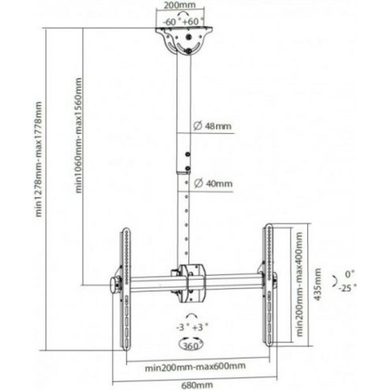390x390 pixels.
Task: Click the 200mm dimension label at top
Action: pyautogui.click(x=180, y=5)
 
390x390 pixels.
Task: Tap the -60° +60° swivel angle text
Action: pyautogui.click(x=184, y=22)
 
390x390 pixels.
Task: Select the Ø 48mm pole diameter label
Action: pyautogui.click(x=213, y=126)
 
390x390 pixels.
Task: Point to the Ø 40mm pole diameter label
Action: pyautogui.click(x=213, y=184)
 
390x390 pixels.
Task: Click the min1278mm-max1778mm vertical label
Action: pyautogui.click(x=39, y=159)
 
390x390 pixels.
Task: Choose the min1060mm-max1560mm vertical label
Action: pyautogui.click(x=78, y=136)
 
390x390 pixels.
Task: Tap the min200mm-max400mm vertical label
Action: pyautogui.click(x=299, y=284)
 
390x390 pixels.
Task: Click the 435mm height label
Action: pyautogui.click(x=318, y=284)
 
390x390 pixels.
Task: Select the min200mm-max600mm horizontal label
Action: pyautogui.click(x=195, y=367)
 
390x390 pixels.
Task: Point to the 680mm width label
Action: pyautogui.click(x=197, y=385)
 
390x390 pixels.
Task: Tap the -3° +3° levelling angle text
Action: pyautogui.click(x=192, y=327)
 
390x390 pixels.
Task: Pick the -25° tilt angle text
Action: pyautogui.click(x=347, y=288)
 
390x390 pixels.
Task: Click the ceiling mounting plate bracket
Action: pyautogui.click(x=184, y=41)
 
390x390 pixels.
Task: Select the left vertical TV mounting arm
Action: pyautogui.click(x=126, y=289)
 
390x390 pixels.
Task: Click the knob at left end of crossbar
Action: pyautogui.click(x=114, y=286)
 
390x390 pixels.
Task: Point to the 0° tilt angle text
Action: pyautogui.click(x=350, y=274)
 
